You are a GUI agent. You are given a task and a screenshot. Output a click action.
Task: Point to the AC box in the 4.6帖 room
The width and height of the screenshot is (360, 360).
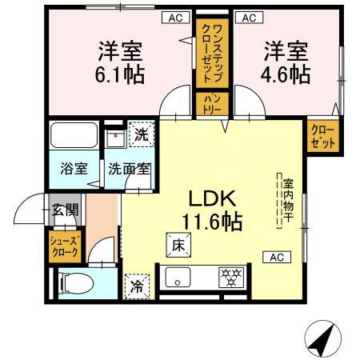(x=248, y=16)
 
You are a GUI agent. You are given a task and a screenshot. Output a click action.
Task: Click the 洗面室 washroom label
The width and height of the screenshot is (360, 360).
(x=130, y=170)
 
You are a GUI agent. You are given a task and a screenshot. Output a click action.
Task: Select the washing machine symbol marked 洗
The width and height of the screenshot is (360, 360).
(x=140, y=134)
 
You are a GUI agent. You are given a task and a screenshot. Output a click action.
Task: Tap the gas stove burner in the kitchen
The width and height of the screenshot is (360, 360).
(x=233, y=278)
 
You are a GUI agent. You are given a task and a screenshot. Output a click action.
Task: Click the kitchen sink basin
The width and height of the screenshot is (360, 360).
(x=177, y=278)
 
